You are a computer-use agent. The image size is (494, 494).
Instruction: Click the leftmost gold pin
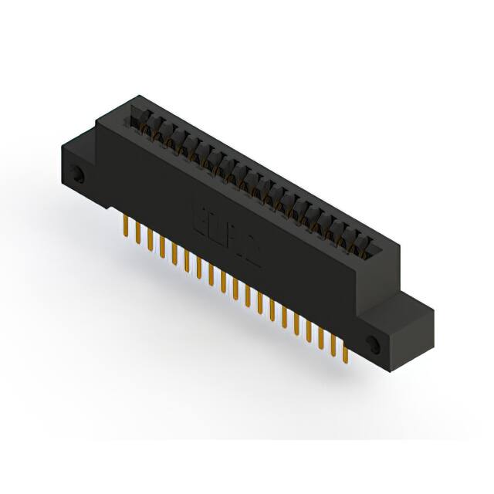click(126, 227)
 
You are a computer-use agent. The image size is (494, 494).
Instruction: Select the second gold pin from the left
click(138, 234)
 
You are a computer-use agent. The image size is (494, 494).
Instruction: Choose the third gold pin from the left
click(151, 240)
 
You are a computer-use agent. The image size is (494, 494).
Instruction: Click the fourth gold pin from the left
click(163, 247)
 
